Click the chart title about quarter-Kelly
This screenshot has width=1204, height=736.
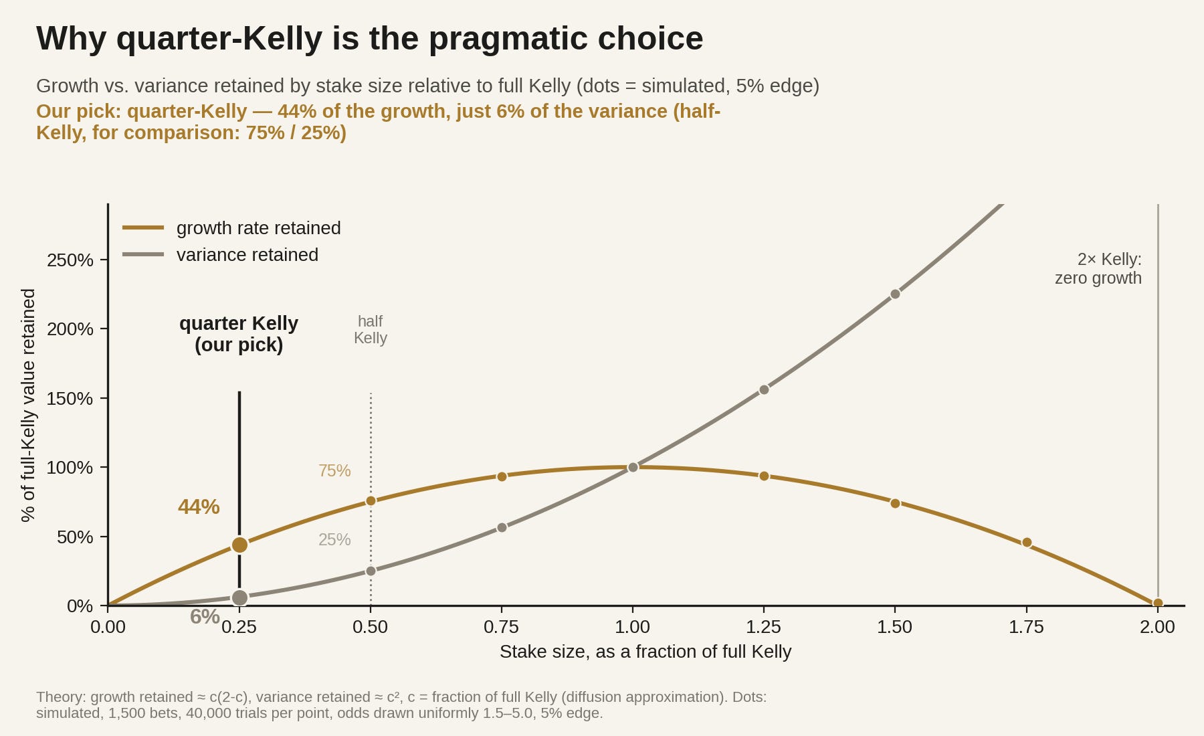(x=369, y=38)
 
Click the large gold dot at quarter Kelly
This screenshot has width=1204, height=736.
(x=239, y=545)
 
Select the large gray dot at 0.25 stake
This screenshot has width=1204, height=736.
(x=239, y=597)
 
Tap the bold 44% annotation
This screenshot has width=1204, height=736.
(x=199, y=507)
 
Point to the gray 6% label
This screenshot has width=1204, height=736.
(x=205, y=617)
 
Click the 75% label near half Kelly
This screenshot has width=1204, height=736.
(x=334, y=471)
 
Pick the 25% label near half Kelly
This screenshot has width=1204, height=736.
(x=334, y=540)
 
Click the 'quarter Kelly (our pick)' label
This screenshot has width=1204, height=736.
(x=239, y=334)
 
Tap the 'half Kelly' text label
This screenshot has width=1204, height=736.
(x=371, y=330)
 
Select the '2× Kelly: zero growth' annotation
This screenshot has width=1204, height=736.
(x=1098, y=269)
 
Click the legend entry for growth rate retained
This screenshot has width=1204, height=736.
(x=231, y=228)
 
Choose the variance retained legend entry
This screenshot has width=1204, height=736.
(x=221, y=255)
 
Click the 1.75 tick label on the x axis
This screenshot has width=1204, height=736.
(x=1026, y=627)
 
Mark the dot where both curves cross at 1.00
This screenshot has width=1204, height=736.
(x=633, y=467)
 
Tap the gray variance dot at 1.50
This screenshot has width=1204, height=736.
(x=895, y=294)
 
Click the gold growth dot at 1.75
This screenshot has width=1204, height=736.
(x=1027, y=543)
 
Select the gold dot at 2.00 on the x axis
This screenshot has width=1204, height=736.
(x=1158, y=604)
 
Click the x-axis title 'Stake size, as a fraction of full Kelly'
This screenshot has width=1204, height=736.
(x=645, y=652)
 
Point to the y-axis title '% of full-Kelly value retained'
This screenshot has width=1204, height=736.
(x=28, y=405)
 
